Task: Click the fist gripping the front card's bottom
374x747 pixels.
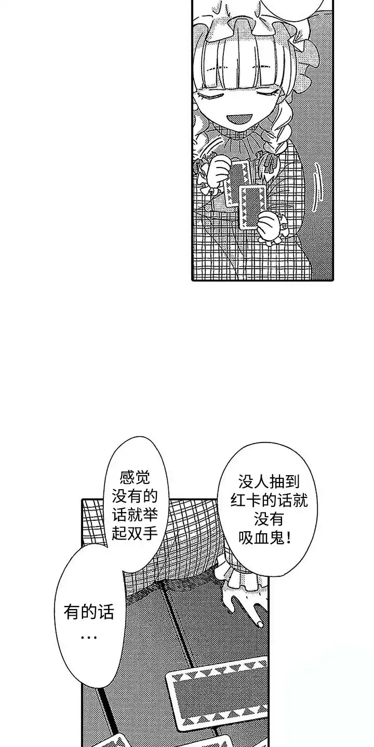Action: (270, 224)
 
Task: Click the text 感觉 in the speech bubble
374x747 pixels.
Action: (135, 479)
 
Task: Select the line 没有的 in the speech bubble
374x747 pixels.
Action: (135, 497)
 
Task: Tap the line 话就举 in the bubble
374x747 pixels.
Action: (135, 516)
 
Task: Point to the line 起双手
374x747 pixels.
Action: (135, 534)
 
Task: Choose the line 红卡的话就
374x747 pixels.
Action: (269, 501)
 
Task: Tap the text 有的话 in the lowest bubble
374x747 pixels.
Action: (89, 612)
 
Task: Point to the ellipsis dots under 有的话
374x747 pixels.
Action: (89, 637)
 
